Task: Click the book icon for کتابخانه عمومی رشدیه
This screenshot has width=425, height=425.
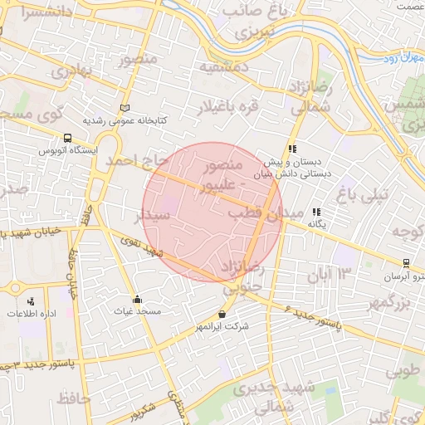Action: [125, 108]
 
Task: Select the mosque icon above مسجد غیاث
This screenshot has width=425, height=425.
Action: [137, 299]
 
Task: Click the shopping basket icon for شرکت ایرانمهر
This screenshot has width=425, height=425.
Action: [222, 315]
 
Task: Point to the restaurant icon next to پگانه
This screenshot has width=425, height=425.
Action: [315, 212]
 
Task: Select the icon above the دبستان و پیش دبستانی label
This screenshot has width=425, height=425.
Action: [291, 149]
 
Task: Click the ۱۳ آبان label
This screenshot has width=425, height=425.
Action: [331, 272]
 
